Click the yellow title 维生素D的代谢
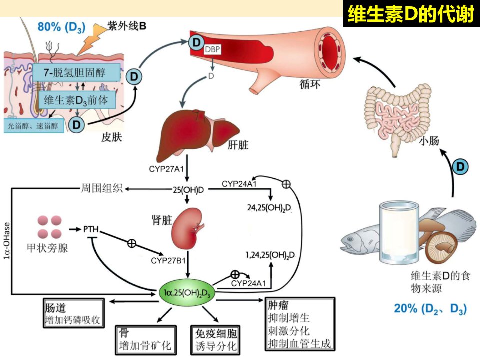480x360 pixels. (411, 14)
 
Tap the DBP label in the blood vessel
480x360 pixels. (212, 49)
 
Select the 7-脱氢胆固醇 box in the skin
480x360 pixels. (76, 73)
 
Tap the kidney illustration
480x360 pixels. (187, 228)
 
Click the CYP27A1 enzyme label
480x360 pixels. (166, 169)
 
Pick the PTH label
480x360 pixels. (91, 229)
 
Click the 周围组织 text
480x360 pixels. (102, 188)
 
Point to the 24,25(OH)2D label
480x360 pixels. (269, 208)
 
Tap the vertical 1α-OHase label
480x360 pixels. (6, 241)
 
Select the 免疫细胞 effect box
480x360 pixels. (215, 340)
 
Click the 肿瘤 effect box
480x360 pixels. (300, 324)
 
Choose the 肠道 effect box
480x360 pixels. (74, 313)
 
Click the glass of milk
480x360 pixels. (399, 233)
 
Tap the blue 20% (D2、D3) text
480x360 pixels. (430, 308)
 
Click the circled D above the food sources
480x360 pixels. (460, 167)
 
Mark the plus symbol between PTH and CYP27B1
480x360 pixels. (132, 243)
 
